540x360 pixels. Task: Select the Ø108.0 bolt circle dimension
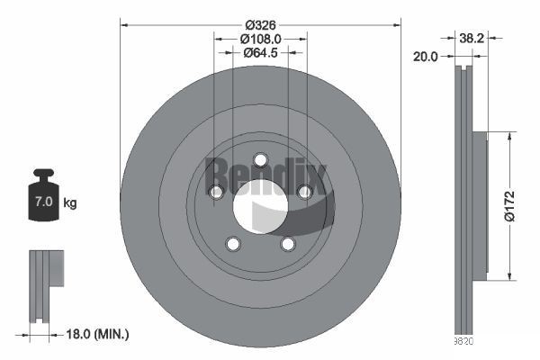(x=261, y=39)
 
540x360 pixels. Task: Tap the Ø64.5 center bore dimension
(x=261, y=53)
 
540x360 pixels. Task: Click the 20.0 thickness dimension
(x=426, y=56)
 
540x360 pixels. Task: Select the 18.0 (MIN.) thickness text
(x=99, y=335)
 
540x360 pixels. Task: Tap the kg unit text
(x=70, y=202)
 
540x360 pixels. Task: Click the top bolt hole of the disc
(x=260, y=160)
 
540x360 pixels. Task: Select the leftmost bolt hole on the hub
(x=216, y=192)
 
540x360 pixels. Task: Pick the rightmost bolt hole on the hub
(x=304, y=192)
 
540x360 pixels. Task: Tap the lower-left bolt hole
(x=233, y=244)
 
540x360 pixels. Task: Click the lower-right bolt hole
(x=287, y=244)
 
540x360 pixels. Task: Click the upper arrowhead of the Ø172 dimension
(x=513, y=136)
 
